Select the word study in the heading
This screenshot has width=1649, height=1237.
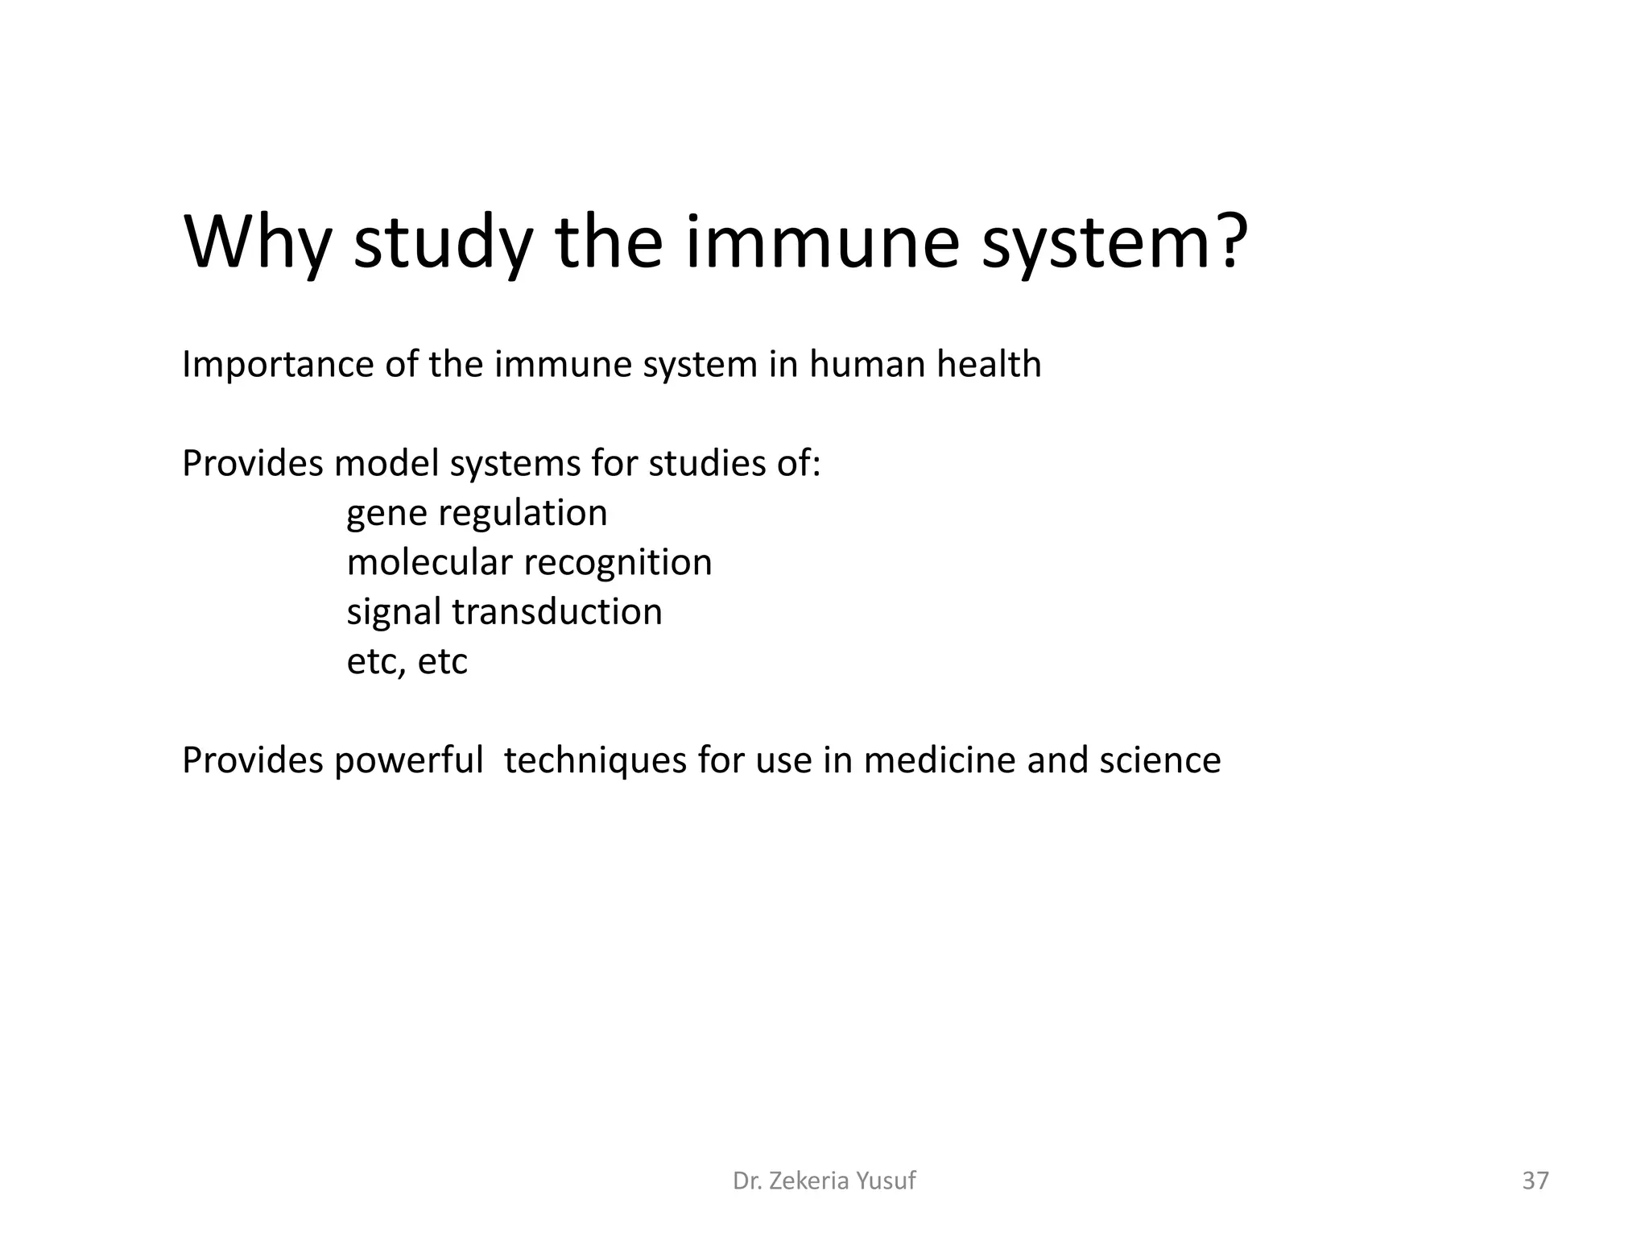(442, 243)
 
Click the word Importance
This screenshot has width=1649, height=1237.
(278, 365)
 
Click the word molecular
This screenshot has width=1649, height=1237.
(429, 562)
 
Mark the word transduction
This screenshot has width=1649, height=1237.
(557, 611)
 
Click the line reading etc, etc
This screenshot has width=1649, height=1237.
(407, 662)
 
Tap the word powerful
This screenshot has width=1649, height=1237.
(408, 760)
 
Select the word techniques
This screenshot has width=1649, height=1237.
(595, 761)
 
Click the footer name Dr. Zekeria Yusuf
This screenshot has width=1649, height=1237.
(824, 1181)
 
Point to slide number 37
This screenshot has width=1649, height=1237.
(1535, 1181)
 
